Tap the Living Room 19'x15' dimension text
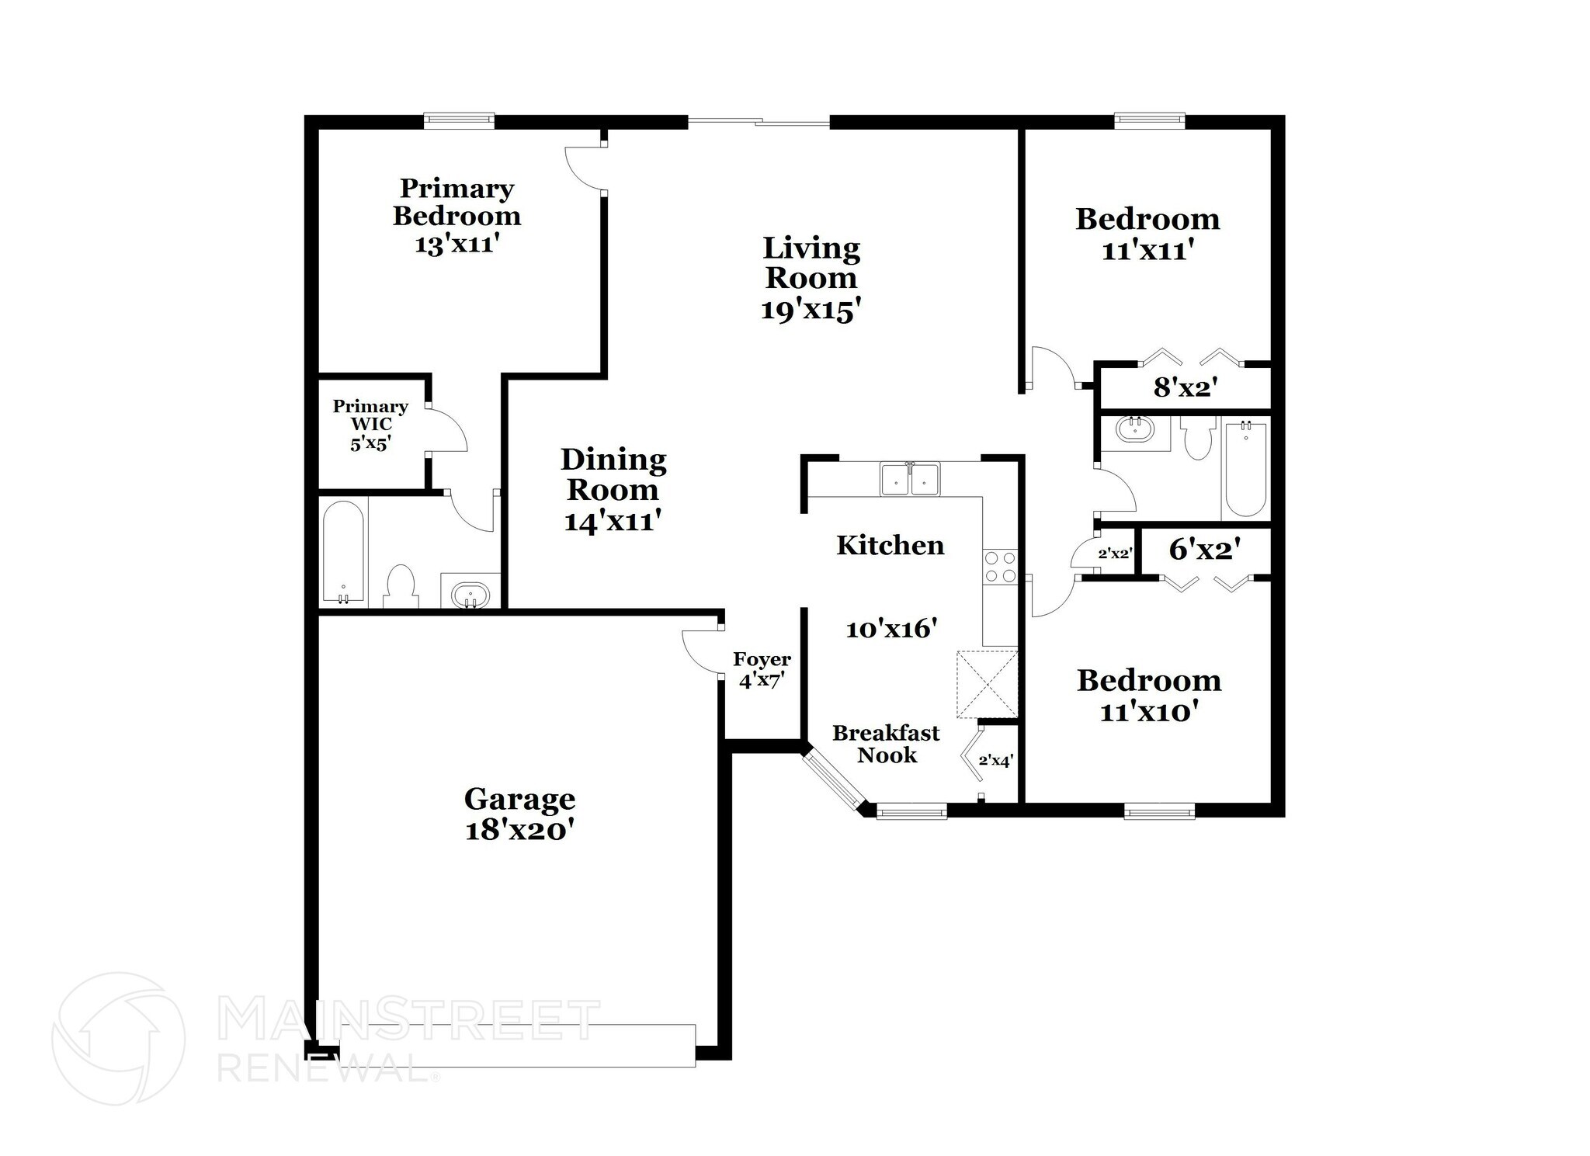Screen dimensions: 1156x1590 coord(811,311)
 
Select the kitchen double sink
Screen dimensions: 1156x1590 coord(910,478)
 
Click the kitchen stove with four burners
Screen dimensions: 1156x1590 coord(1000,566)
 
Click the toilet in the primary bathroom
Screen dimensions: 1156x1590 coord(401,587)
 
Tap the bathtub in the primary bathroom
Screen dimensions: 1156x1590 coord(342,552)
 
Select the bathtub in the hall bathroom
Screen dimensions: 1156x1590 coord(1245,470)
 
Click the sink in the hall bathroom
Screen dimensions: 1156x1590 coord(1135,429)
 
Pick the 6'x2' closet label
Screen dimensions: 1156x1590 coord(1203,550)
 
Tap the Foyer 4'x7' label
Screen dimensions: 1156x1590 coord(762,670)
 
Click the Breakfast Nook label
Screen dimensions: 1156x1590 coord(886,744)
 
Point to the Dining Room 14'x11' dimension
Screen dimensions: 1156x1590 coord(613,520)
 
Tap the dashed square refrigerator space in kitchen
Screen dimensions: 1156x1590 coord(987,684)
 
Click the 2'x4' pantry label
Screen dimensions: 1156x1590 coord(995,761)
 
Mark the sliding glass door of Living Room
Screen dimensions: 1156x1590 coord(759,121)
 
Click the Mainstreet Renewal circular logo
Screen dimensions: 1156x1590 coord(118,1039)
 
